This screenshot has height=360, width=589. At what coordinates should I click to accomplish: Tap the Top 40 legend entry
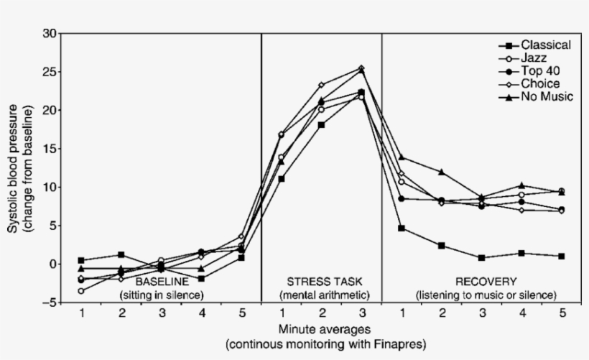click(x=540, y=70)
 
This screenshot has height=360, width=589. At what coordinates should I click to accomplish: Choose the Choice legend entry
click(x=539, y=83)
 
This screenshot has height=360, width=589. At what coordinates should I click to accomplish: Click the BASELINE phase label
click(x=162, y=281)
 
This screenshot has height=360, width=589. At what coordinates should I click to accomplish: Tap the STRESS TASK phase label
click(x=324, y=281)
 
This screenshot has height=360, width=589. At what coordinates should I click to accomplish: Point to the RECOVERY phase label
click(x=486, y=281)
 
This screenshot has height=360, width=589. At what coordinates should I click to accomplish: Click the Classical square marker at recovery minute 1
click(x=402, y=228)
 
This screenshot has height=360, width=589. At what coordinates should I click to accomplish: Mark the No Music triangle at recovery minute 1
click(x=402, y=157)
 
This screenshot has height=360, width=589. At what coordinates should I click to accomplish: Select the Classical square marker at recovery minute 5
click(x=561, y=256)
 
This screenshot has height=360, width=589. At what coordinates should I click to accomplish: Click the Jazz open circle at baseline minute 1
click(x=81, y=291)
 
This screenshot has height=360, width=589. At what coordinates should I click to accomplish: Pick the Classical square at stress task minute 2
click(x=321, y=125)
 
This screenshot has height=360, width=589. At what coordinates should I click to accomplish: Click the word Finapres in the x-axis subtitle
click(x=391, y=343)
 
